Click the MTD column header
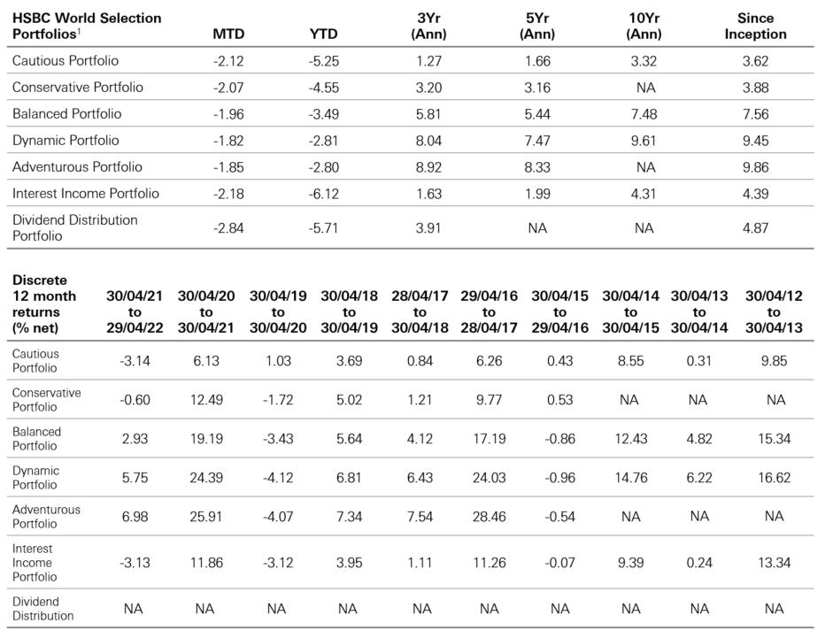tap(228, 35)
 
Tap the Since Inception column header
tap(754, 26)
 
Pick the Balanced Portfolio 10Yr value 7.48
tap(644, 114)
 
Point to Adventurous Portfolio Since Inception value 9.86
tap(754, 167)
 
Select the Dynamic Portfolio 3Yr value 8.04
tap(428, 141)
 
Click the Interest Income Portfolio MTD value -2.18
tap(228, 194)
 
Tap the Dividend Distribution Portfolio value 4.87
tap(754, 227)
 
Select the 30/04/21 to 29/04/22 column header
tap(134, 312)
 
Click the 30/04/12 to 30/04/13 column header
tap(775, 312)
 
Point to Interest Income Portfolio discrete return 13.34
tap(775, 563)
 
